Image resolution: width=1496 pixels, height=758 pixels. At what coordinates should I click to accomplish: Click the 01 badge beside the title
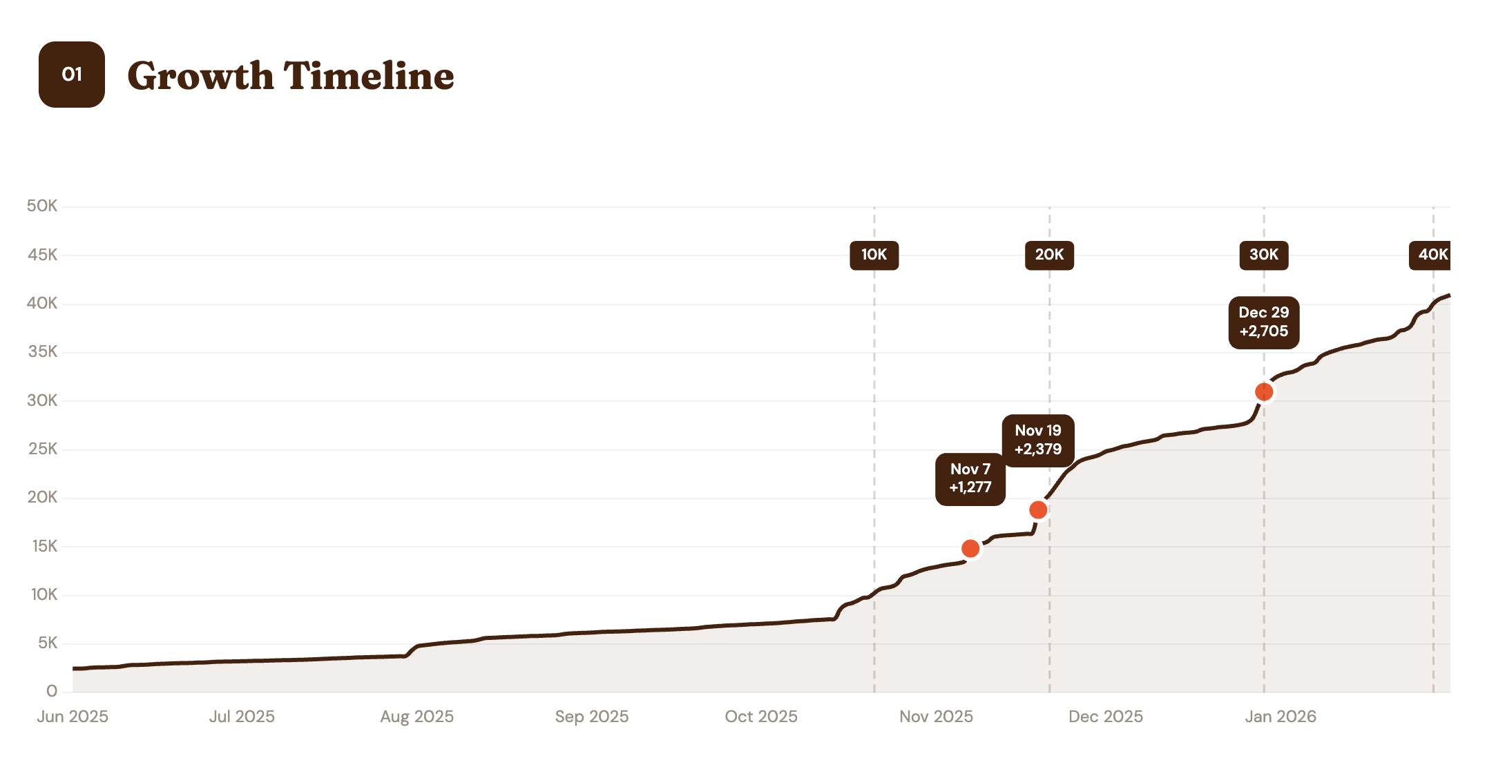click(x=72, y=75)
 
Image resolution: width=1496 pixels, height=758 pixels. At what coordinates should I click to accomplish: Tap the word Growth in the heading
click(x=200, y=76)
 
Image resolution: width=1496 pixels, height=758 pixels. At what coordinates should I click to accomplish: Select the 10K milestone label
click(x=874, y=255)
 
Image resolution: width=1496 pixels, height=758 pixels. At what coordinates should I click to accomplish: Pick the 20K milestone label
click(x=1049, y=255)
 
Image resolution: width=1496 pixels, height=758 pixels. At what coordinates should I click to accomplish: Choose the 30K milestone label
click(x=1263, y=255)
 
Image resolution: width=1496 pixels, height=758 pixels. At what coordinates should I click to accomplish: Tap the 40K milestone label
click(x=1431, y=255)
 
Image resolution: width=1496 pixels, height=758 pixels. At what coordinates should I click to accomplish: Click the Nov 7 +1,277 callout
click(x=970, y=478)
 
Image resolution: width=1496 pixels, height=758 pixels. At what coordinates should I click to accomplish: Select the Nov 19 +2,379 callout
click(x=1037, y=440)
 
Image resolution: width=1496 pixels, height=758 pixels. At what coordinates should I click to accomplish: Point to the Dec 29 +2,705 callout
click(x=1263, y=322)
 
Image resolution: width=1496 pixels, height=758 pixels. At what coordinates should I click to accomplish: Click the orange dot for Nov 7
click(x=970, y=548)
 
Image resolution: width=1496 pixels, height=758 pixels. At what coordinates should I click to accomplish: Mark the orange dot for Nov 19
click(x=1038, y=509)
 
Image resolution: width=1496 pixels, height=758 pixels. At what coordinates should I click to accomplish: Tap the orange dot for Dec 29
click(x=1264, y=391)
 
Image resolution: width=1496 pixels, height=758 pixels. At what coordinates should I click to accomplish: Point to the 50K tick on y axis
click(x=42, y=206)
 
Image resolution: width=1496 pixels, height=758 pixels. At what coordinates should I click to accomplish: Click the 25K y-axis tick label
click(x=42, y=449)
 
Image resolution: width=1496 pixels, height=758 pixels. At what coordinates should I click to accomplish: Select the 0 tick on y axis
click(x=52, y=691)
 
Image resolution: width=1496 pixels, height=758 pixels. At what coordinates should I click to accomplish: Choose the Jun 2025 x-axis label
click(x=73, y=717)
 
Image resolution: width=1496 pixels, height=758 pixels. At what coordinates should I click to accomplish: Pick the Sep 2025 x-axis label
click(x=592, y=717)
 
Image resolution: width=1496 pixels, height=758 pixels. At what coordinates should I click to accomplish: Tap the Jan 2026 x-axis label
click(x=1281, y=717)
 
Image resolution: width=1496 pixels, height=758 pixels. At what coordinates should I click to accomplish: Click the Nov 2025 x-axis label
click(x=936, y=717)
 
